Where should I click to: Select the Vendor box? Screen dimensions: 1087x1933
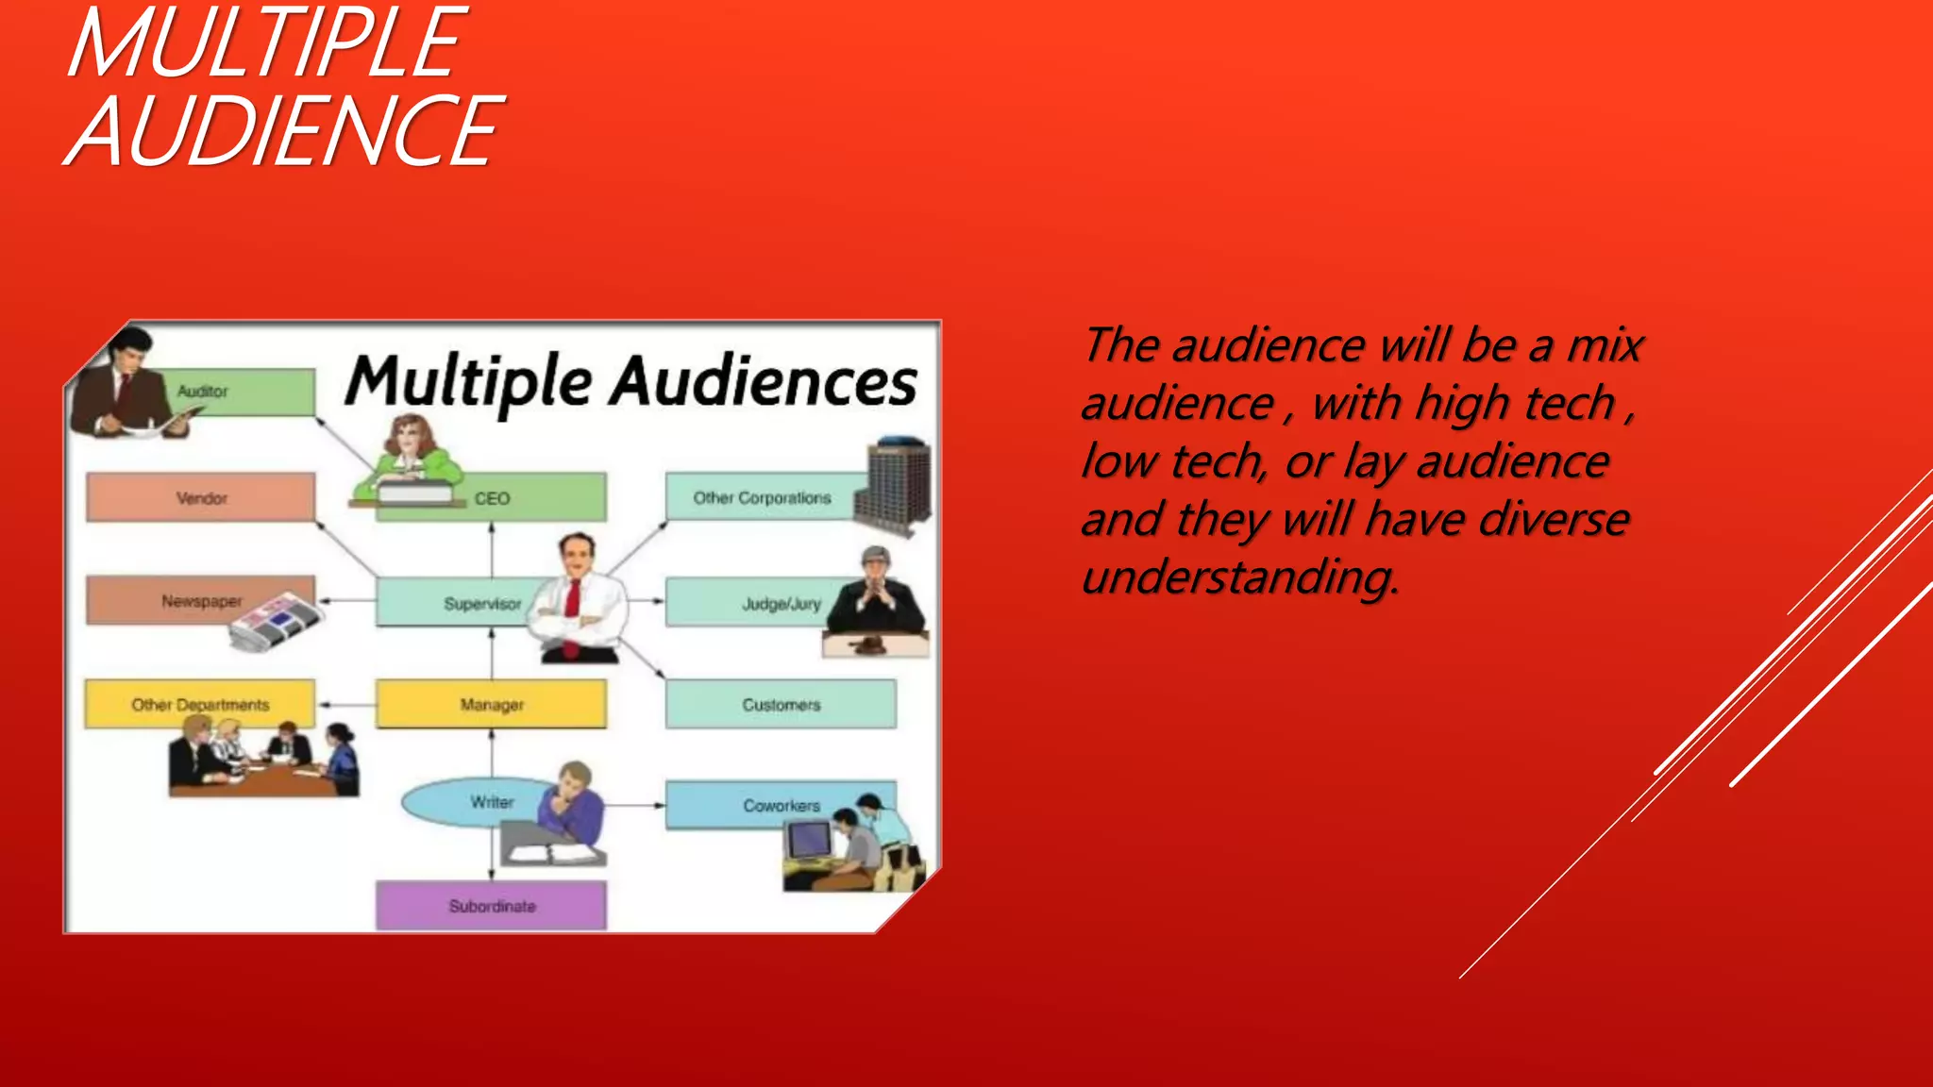coord(201,498)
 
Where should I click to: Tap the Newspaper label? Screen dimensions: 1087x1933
coord(201,601)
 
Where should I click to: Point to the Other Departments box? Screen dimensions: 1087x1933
coord(200,705)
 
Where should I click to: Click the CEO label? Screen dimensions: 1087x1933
coord(492,498)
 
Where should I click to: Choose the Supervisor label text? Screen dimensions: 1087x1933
coord(482,604)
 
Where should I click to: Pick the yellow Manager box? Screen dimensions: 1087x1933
coord(492,705)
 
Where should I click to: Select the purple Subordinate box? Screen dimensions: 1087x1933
coord(492,906)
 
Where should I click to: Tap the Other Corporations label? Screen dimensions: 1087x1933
coord(762,498)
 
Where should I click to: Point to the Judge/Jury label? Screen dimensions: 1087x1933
coord(782,604)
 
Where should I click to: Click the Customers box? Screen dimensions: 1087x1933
coord(782,705)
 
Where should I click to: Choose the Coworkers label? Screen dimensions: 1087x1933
coord(782,806)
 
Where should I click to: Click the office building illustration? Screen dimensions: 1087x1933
coord(895,483)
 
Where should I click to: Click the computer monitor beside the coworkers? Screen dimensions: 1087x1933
coord(810,839)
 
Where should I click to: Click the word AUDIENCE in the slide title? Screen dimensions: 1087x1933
coord(283,132)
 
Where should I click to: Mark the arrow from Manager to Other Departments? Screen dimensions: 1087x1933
coord(346,705)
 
